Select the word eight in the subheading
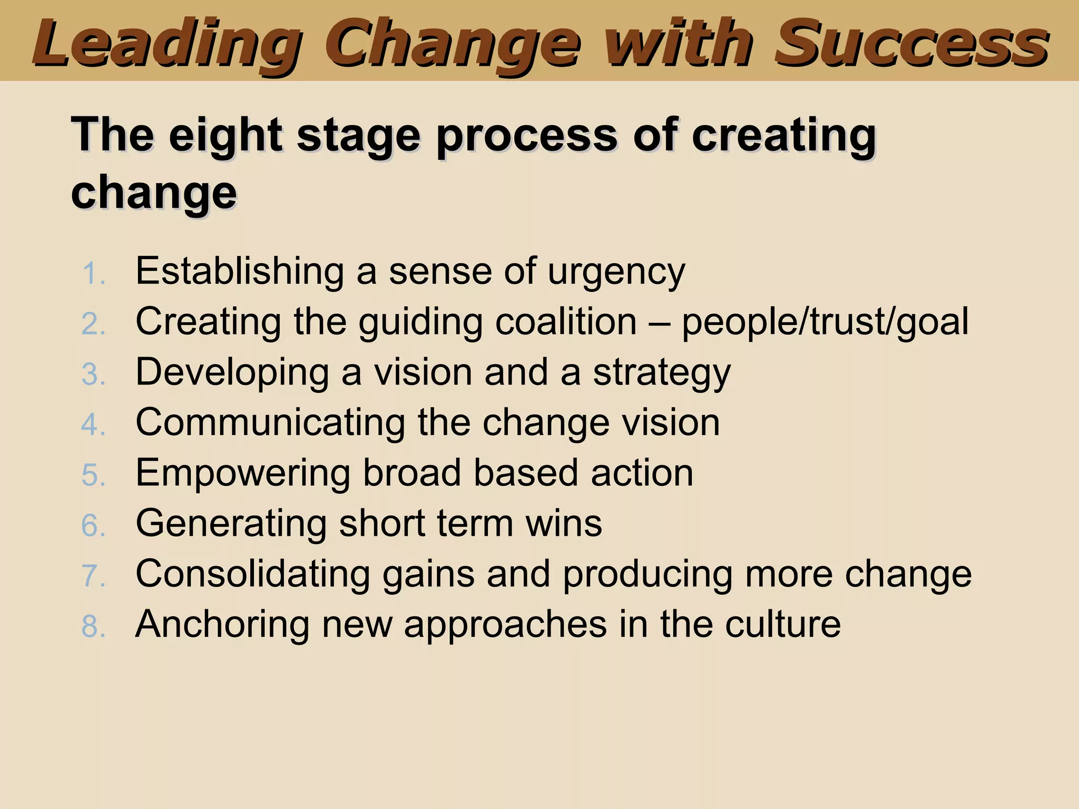click(225, 136)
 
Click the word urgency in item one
click(616, 272)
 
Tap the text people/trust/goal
click(825, 321)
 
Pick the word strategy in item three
click(662, 373)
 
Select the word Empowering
click(243, 473)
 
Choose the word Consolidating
click(252, 574)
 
